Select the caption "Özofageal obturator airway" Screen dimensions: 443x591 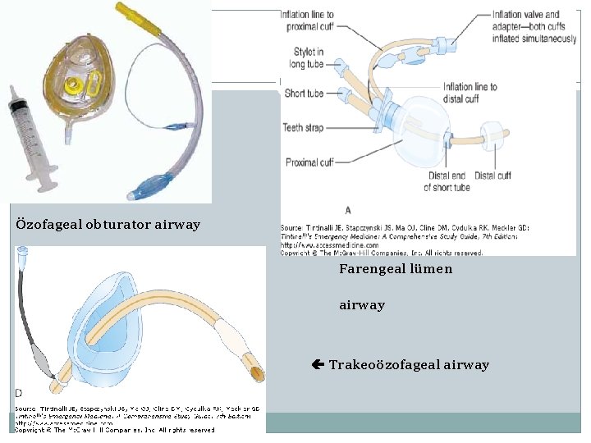click(x=108, y=225)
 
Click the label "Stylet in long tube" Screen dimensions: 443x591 click(x=309, y=58)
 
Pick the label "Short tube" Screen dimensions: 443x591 click(x=304, y=94)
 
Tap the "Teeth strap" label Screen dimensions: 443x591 click(x=304, y=128)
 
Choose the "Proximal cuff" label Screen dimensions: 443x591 click(x=309, y=162)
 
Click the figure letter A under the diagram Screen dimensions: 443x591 click(x=347, y=211)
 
